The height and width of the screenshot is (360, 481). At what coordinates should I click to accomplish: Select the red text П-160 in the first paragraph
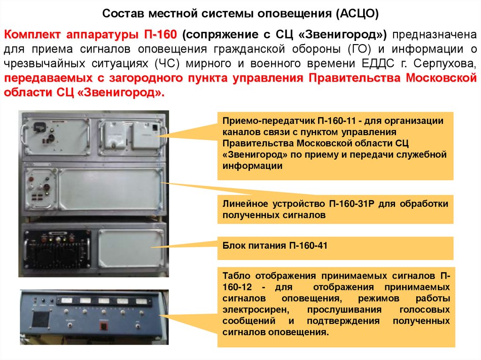(x=161, y=34)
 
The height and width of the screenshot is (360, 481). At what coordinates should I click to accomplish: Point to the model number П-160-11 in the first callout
(x=336, y=121)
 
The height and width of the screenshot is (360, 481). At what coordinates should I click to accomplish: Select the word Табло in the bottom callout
(x=236, y=276)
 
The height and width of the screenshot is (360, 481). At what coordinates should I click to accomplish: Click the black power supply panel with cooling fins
(x=57, y=248)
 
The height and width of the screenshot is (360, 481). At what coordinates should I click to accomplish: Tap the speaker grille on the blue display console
(x=41, y=319)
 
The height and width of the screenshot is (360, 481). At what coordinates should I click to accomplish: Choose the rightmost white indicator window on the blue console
(x=141, y=301)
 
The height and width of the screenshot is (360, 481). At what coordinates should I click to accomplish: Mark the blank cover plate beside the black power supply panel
(x=131, y=248)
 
